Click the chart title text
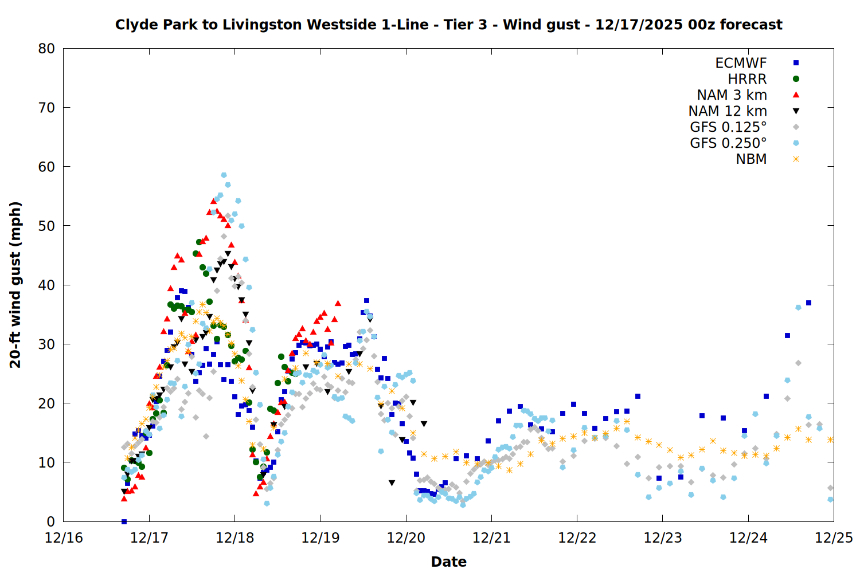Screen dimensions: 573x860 (x=448, y=25)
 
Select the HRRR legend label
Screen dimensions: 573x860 (x=747, y=79)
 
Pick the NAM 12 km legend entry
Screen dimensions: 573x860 (x=728, y=111)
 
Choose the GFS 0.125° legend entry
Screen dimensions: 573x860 (x=728, y=127)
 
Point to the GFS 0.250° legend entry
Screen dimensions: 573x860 (x=728, y=143)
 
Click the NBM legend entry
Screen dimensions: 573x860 (x=751, y=159)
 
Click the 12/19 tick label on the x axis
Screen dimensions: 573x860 (x=320, y=538)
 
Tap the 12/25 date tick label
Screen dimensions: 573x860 (x=834, y=538)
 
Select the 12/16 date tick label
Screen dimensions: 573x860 (x=64, y=538)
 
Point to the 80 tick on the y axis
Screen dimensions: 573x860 (x=46, y=49)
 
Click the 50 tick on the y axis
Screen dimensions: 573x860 (x=46, y=226)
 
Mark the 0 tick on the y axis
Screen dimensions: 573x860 (x=50, y=521)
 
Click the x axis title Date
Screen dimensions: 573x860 (x=448, y=562)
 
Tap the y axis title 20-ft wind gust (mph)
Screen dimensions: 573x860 (x=15, y=285)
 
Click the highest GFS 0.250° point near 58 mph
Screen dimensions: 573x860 (x=224, y=175)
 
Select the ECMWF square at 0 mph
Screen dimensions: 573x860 (x=124, y=521)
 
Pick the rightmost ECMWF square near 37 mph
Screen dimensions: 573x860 (x=808, y=303)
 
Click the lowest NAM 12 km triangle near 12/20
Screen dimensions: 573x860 (x=392, y=483)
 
